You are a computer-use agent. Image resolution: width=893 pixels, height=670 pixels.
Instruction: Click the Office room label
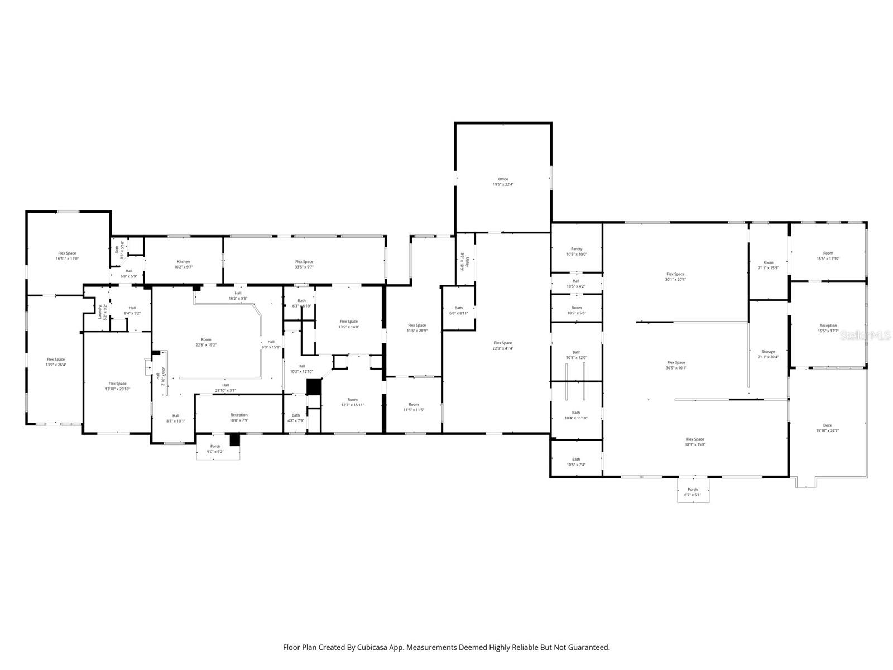[503, 181]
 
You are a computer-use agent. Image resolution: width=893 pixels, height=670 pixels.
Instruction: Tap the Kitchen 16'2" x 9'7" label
[184, 264]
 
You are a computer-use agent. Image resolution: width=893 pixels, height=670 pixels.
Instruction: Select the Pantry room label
[577, 251]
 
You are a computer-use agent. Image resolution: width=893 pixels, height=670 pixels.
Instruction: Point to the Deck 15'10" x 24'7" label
[827, 428]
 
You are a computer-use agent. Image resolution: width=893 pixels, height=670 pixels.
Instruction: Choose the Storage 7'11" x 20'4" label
[768, 354]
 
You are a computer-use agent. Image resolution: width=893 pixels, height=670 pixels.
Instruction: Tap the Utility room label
[462, 261]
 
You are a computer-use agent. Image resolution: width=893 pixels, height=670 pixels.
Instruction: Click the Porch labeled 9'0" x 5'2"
[215, 448]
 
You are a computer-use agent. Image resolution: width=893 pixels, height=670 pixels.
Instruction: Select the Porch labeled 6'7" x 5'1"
[693, 492]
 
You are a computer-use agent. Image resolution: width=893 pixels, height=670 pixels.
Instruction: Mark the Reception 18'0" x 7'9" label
[239, 417]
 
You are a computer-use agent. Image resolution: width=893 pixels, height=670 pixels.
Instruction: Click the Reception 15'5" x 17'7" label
[828, 328]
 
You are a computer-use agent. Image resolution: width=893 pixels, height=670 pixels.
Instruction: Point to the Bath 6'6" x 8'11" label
[458, 310]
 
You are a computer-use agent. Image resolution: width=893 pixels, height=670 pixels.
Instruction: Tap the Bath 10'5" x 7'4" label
[576, 462]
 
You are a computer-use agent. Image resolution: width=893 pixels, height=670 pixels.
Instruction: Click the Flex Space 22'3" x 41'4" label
[503, 346]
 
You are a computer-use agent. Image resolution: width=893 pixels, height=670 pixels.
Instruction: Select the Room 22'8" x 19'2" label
[206, 342]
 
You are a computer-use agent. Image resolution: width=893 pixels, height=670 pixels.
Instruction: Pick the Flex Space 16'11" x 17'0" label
[67, 256]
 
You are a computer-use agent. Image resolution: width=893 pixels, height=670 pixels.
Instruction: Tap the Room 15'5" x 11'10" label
[828, 255]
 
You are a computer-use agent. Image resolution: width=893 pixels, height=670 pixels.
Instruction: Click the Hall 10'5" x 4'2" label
[576, 283]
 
